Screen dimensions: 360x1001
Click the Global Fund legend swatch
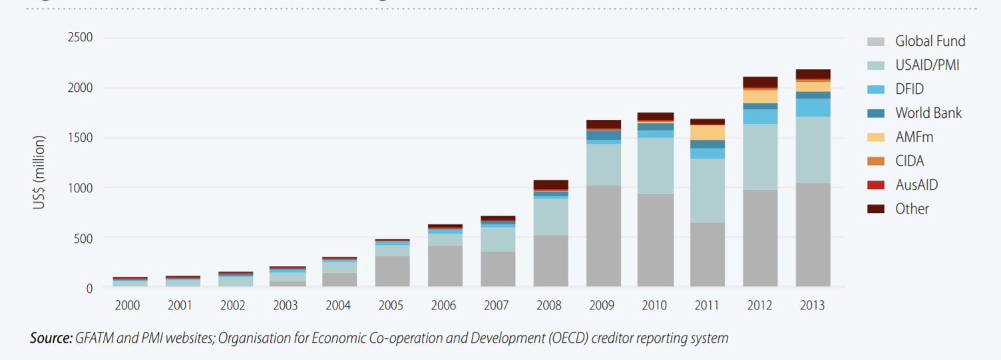[x=876, y=41]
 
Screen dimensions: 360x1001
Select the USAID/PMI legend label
[x=927, y=65]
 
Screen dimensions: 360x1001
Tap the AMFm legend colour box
[x=876, y=137]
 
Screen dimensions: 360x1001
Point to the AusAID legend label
[x=916, y=185]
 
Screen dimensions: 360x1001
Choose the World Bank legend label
[x=928, y=113]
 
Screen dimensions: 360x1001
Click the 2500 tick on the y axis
[x=80, y=37]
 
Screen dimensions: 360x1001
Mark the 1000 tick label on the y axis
[x=80, y=188]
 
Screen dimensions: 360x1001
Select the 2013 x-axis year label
[x=812, y=306]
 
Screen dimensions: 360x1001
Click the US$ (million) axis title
[x=39, y=172]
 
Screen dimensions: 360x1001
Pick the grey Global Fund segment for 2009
[x=603, y=236]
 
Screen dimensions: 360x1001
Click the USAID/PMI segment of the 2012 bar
[x=759, y=156]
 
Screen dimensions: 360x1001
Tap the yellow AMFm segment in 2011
[x=707, y=132]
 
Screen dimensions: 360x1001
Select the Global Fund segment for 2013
[x=812, y=235]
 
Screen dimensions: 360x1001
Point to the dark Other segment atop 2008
[x=550, y=184]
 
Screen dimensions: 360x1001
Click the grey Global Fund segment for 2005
[x=393, y=271]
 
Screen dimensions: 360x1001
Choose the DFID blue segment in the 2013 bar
[x=812, y=108]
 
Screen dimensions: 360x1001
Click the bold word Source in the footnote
[x=51, y=338]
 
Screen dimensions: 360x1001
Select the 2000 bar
[x=130, y=282]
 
